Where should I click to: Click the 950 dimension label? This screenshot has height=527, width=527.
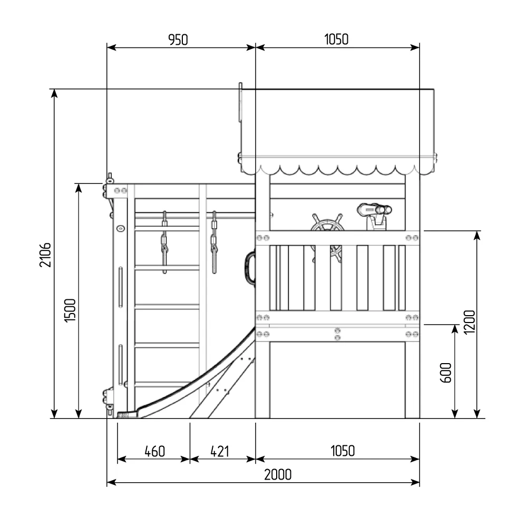pos(178,40)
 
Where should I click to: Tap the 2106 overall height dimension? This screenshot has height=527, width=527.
pos(45,255)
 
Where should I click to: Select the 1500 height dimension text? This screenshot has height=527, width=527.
pos(70,310)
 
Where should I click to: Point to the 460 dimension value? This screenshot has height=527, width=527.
pos(154,452)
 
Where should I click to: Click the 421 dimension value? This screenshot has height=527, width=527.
pos(220,452)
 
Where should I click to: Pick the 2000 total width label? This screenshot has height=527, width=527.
pos(278,475)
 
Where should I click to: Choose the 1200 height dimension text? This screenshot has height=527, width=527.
pos(469,323)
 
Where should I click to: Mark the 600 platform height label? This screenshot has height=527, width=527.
pos(446,373)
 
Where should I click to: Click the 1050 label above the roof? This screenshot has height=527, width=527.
pos(336,40)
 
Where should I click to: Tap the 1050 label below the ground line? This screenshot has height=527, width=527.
pos(343,451)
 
